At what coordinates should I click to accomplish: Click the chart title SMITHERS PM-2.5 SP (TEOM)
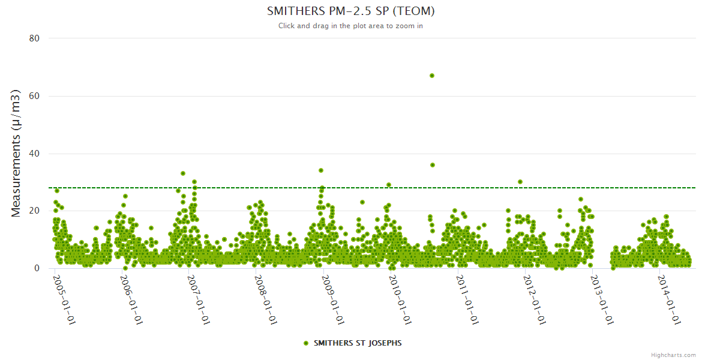[350, 11]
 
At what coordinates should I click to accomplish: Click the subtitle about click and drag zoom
[350, 26]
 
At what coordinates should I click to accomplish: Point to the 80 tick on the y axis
[34, 38]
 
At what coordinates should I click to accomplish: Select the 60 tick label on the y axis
[34, 96]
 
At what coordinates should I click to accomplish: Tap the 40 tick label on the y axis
[34, 154]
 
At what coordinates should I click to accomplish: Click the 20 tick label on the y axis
[34, 211]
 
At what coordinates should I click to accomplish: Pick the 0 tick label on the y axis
[37, 268]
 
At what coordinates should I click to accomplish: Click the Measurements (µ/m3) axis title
[16, 153]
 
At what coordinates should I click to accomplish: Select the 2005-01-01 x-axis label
[64, 300]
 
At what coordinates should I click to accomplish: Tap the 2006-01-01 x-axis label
[131, 300]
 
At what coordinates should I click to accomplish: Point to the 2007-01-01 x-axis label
[199, 300]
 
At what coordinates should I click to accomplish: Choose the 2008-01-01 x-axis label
[266, 300]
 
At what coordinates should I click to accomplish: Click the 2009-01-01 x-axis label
[333, 300]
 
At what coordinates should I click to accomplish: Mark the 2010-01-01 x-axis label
[400, 300]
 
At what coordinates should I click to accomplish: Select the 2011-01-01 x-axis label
[467, 300]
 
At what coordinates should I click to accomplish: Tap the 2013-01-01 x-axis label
[602, 300]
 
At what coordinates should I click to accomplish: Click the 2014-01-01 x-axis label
[669, 300]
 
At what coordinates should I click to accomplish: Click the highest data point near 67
[432, 76]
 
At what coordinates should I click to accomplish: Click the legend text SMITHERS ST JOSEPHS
[358, 343]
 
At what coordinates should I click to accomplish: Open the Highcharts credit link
[673, 355]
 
